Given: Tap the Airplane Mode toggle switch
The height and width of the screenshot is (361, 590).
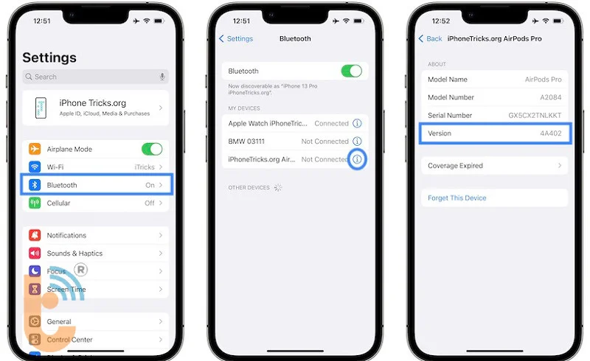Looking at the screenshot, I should pos(151,149).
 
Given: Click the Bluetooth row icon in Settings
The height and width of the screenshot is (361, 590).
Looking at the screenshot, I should pos(35,185).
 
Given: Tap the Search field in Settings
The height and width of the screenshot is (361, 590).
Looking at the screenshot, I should pos(88,77).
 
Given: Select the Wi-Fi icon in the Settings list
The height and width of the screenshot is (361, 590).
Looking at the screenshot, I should pos(35,167).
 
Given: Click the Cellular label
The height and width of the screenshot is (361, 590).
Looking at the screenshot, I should pos(59,203).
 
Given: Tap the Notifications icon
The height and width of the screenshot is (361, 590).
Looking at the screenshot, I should pos(35,235).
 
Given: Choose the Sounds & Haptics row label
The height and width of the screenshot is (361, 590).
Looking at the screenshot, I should pos(74,253).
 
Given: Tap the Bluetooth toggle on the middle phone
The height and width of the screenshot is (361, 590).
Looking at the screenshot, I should pos(351,71).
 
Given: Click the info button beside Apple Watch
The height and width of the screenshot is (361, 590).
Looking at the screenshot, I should pos(358,124).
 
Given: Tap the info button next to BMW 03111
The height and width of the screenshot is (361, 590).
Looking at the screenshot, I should pos(358,141).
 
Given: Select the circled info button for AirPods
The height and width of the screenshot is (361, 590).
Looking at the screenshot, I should pos(358,159).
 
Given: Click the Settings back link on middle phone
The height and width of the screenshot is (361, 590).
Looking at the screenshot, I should pos(237,38).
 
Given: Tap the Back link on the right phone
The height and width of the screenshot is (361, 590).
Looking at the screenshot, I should pos(431,38).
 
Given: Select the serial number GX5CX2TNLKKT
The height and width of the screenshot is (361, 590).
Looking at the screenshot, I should pos(535,116).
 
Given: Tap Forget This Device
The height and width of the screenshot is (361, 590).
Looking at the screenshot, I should pos(457,198).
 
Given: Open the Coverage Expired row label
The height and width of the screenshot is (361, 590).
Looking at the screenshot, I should pos(456,166).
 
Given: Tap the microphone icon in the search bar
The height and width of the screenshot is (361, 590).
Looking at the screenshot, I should pos(162,77).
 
